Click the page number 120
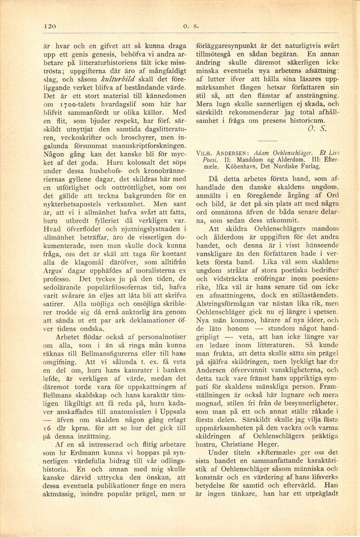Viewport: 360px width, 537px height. tap(49, 26)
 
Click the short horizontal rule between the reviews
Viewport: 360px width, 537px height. tap(267, 141)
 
